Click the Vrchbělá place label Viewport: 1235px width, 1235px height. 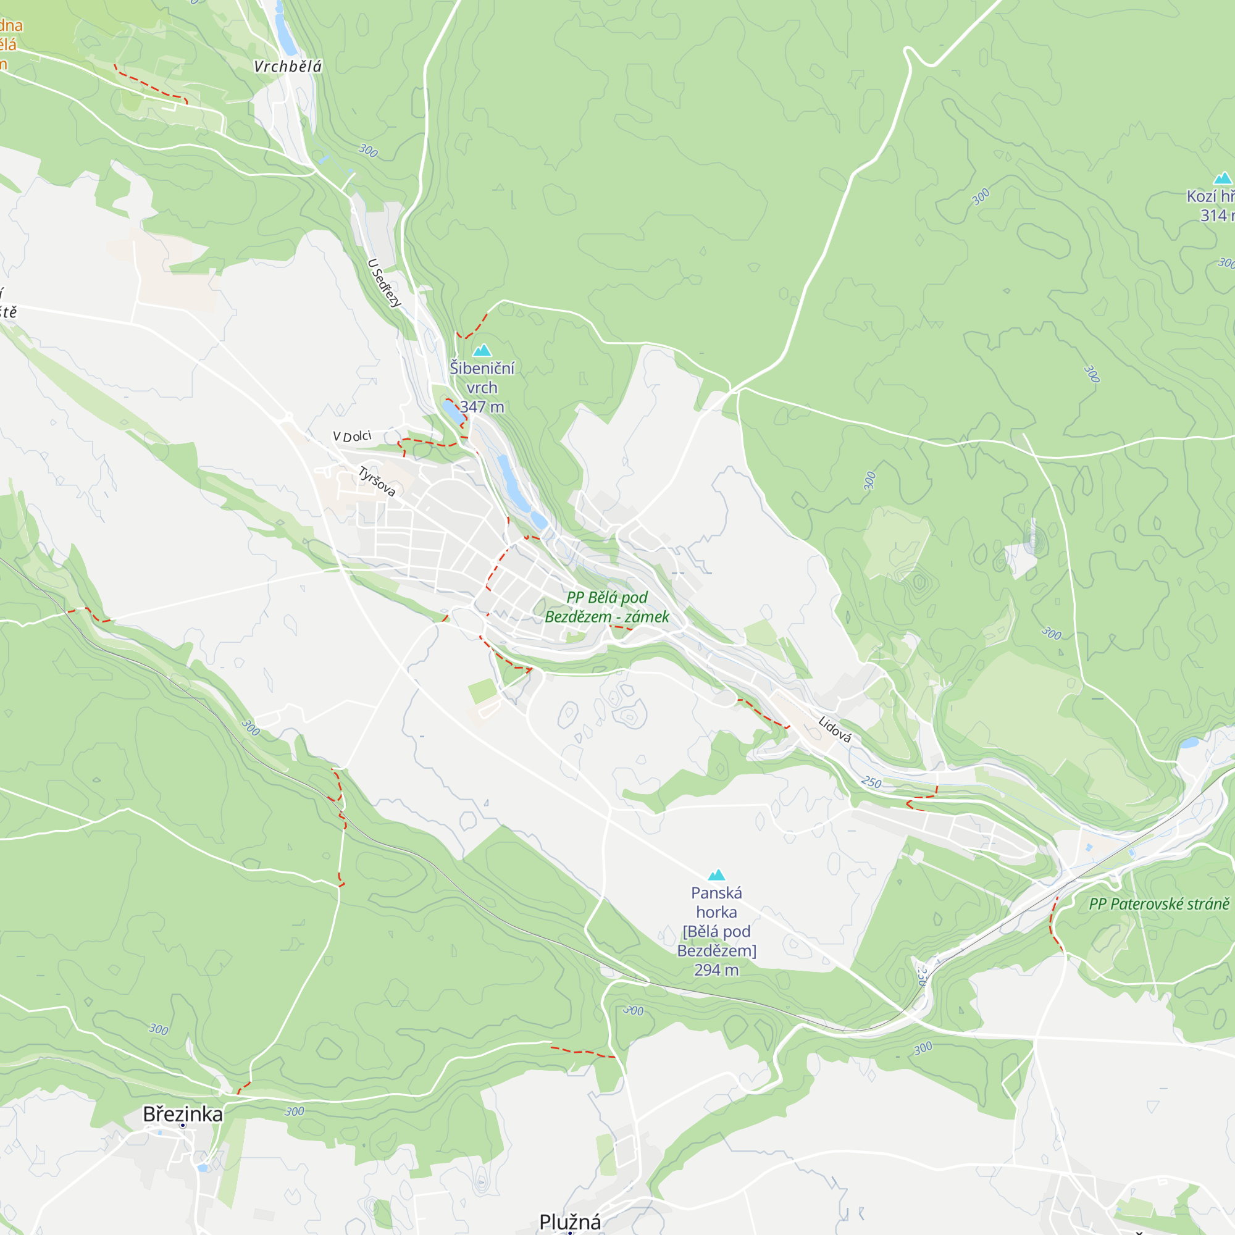[288, 67]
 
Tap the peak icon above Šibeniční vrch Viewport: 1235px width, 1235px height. [482, 350]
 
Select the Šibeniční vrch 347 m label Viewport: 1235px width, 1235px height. [482, 387]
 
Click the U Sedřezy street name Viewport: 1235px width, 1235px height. [385, 283]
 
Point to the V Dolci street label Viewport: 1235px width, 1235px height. [351, 437]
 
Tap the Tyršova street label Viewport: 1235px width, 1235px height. [377, 482]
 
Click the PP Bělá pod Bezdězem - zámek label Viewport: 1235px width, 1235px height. [607, 606]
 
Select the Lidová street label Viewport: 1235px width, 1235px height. [835, 729]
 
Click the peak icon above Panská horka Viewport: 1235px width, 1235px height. [716, 874]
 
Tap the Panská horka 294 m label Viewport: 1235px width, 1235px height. [716, 931]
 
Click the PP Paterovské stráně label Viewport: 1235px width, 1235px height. [1159, 904]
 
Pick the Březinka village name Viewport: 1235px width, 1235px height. [183, 1114]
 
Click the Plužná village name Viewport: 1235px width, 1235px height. [570, 1221]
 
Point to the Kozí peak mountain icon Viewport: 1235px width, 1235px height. [1222, 178]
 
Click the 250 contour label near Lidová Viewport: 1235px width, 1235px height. [871, 782]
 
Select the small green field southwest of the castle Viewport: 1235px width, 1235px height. [482, 691]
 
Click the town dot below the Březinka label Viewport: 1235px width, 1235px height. [182, 1126]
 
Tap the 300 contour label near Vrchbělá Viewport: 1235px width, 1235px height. [368, 151]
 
